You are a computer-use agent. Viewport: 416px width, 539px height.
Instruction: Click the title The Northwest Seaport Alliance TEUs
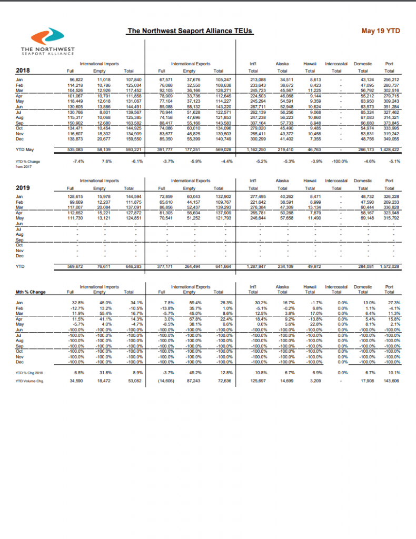click(190, 31)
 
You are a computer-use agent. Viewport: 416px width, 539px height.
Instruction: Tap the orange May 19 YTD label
click(381, 31)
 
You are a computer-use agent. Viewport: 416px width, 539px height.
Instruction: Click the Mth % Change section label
click(29, 291)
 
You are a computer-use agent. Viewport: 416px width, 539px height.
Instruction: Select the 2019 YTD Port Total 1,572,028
click(390, 266)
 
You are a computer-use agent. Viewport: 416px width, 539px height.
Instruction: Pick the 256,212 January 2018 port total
click(390, 79)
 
